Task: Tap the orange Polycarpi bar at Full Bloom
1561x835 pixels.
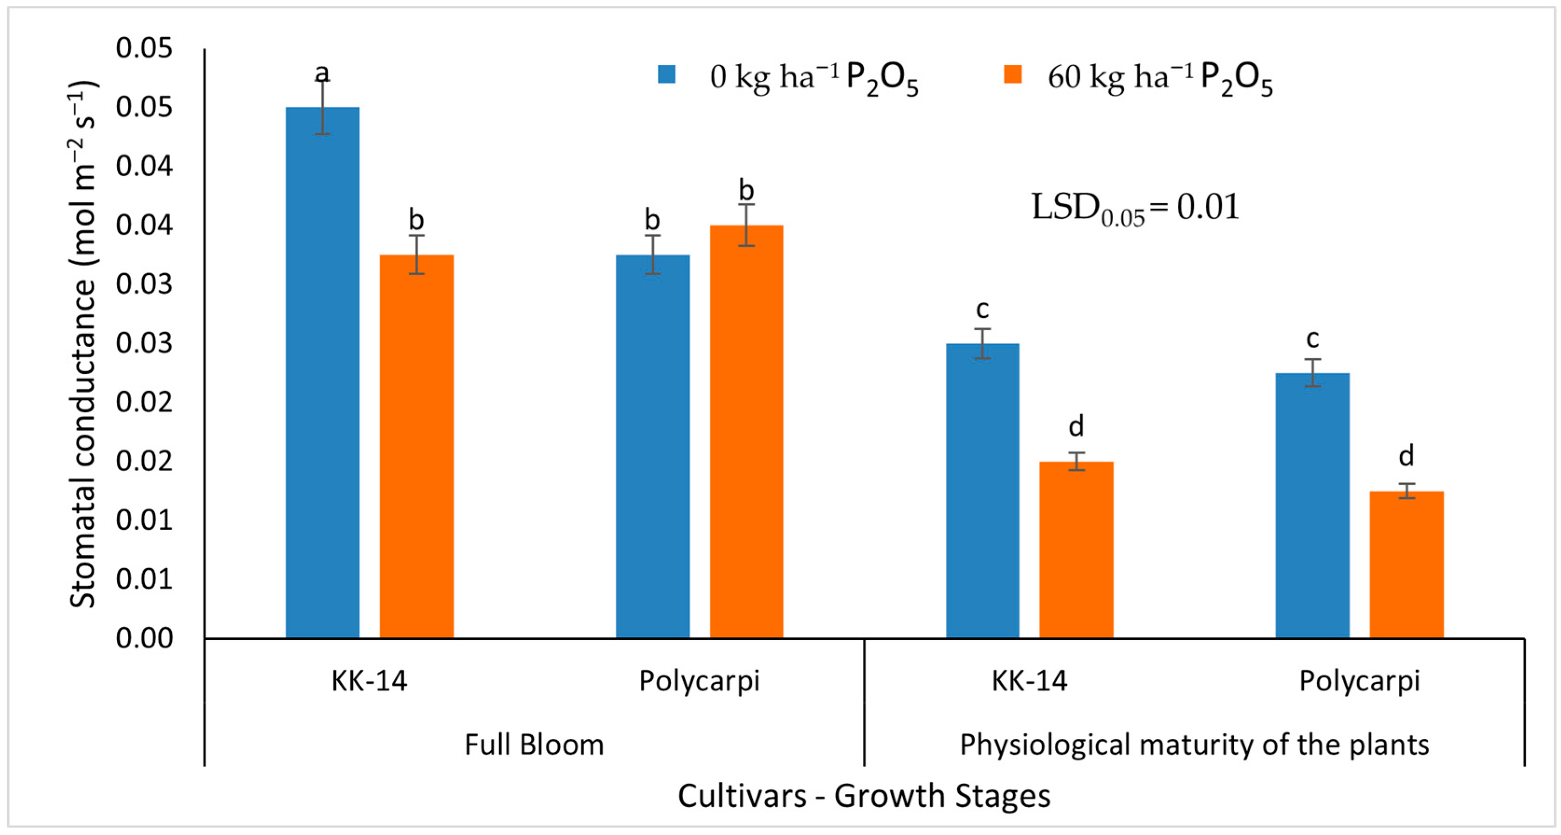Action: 746,431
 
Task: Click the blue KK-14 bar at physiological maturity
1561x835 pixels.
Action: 982,491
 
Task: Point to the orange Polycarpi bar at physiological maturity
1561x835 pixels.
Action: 1406,564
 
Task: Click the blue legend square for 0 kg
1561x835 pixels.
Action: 667,75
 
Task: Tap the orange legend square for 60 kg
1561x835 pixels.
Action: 1012,75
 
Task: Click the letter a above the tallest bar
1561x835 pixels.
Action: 323,73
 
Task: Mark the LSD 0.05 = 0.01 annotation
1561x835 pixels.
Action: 1135,208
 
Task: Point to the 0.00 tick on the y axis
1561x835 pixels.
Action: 144,638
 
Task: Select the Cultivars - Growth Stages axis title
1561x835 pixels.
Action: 864,796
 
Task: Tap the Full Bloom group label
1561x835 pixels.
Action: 534,744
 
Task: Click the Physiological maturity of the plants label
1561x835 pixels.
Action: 1194,744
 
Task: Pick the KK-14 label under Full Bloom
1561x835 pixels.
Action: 369,681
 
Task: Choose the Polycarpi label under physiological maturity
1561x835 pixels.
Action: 1359,681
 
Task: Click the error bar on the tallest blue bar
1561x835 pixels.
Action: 323,107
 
